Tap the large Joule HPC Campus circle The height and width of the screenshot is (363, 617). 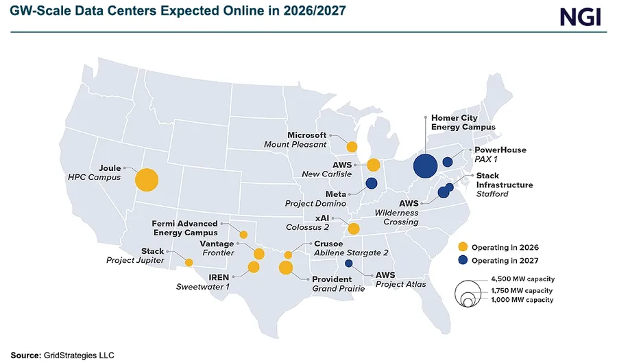(147, 180)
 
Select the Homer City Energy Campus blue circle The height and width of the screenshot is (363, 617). (426, 165)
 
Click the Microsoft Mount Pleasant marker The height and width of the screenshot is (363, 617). (352, 146)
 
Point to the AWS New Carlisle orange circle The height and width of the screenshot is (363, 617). (374, 165)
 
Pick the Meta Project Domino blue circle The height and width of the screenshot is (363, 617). (372, 183)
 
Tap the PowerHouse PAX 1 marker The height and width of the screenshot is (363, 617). (448, 162)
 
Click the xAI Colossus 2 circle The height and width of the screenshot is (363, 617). (354, 229)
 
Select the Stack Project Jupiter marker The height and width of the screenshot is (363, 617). (189, 262)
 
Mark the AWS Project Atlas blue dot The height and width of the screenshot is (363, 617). (348, 264)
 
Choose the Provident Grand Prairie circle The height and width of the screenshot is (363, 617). (286, 268)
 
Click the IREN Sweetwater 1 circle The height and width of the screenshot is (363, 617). (254, 267)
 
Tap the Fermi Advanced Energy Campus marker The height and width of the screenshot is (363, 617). (243, 235)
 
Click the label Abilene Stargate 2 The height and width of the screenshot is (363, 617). (351, 253)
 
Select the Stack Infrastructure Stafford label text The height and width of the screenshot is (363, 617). (504, 185)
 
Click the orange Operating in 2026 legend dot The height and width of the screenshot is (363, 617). (463, 246)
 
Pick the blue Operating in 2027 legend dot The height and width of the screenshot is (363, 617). (463, 260)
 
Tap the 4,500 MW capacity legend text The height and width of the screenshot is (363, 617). (523, 279)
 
